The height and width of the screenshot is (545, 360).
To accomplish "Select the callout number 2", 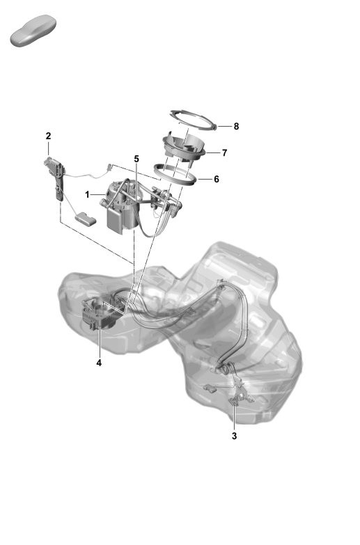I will click(x=49, y=135).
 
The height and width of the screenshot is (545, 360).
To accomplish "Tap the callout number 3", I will click(x=234, y=436).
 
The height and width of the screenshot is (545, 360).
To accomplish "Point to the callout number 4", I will click(x=99, y=363).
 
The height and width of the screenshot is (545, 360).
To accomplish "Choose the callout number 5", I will click(x=137, y=159).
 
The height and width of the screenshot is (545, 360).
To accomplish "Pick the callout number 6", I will click(x=216, y=179).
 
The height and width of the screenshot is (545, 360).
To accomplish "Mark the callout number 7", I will click(x=224, y=152).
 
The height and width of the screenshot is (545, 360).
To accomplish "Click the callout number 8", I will click(x=236, y=127).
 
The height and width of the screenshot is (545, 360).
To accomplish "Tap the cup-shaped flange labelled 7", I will click(x=185, y=148).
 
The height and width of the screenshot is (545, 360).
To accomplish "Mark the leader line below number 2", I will click(x=49, y=150).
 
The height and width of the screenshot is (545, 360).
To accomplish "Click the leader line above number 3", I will click(x=234, y=418).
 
